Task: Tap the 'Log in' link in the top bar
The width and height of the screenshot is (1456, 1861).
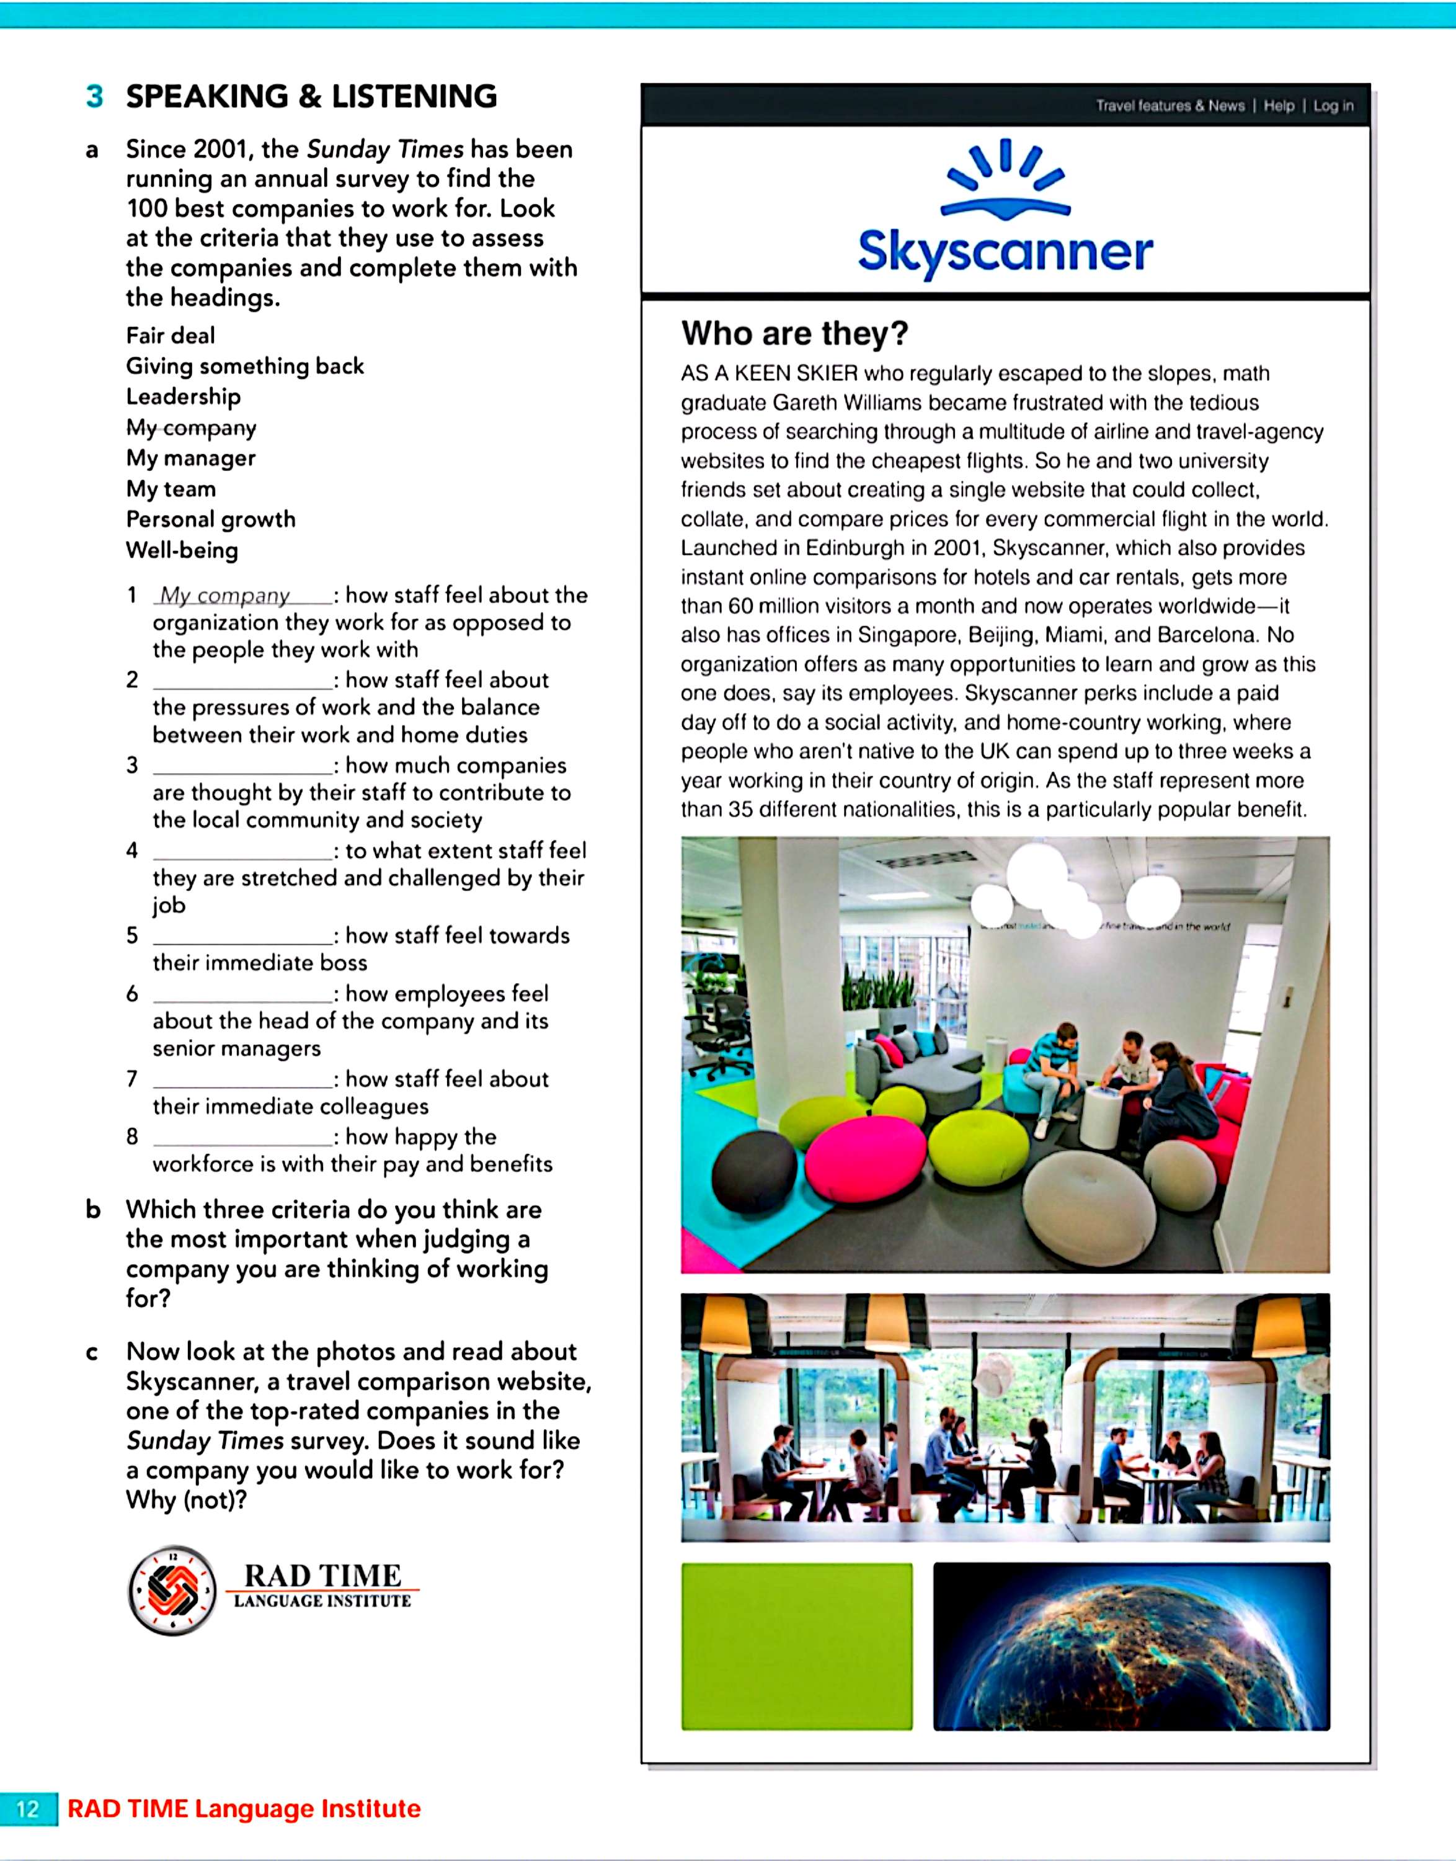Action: coord(1333,105)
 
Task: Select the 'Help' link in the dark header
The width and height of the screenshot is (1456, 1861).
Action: coord(1279,105)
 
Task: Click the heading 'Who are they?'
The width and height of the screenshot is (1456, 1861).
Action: coord(794,334)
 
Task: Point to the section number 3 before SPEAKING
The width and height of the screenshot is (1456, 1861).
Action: coord(95,96)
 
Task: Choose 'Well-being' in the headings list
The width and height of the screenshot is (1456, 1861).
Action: coord(182,550)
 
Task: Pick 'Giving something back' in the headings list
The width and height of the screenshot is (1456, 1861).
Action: coord(245,366)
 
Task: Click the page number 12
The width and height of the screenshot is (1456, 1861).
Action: coord(28,1808)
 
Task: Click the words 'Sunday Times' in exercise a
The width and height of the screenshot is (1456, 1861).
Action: coord(385,150)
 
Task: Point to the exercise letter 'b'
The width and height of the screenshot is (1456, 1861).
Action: coord(93,1210)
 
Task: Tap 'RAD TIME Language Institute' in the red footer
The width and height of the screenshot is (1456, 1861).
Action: coord(244,1808)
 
